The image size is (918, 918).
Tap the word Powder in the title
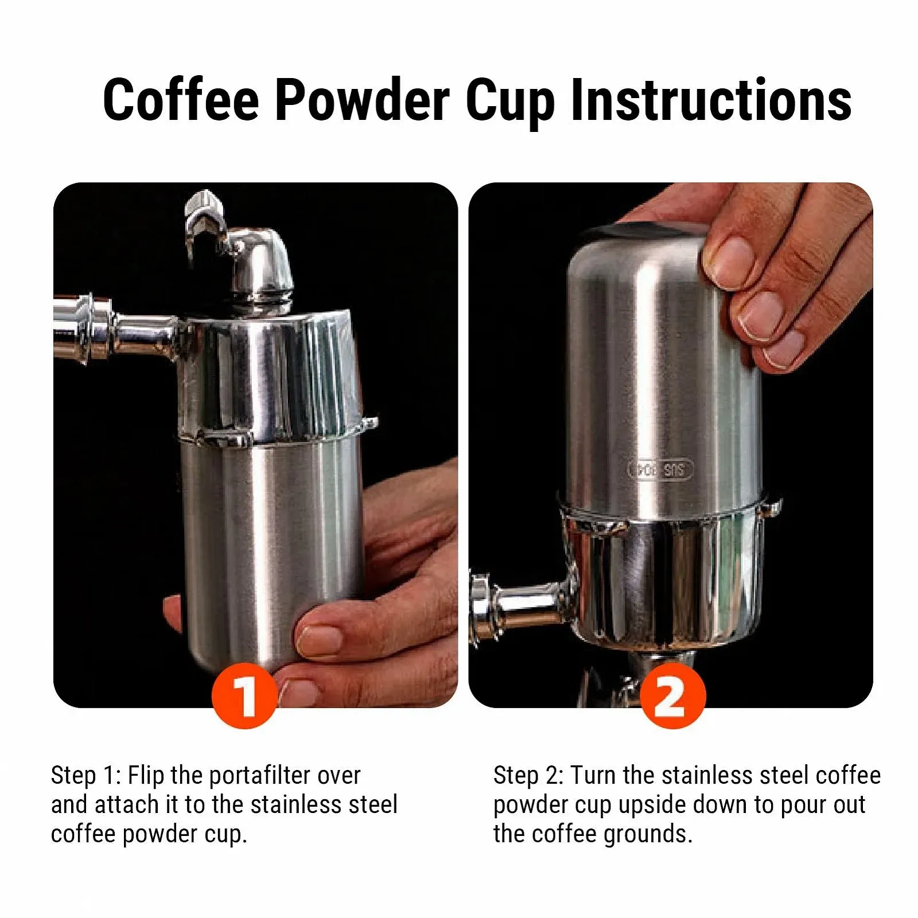(363, 100)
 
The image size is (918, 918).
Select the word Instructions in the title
(711, 100)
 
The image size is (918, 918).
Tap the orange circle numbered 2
(672, 695)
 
